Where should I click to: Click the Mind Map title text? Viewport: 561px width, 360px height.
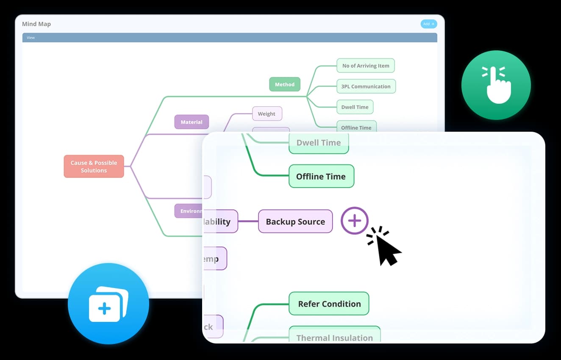click(x=36, y=24)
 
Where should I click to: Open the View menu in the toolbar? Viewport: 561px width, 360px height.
click(x=31, y=38)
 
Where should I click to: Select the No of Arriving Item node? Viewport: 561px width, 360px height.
click(x=365, y=66)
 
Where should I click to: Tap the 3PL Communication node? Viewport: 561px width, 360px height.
click(x=366, y=86)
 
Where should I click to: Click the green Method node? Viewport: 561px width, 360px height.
click(x=284, y=84)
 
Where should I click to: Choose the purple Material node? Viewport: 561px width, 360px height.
click(x=192, y=122)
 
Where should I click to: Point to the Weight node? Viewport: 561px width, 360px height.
click(x=267, y=114)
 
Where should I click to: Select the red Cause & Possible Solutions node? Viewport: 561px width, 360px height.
click(x=94, y=166)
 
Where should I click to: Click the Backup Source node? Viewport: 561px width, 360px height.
click(x=295, y=222)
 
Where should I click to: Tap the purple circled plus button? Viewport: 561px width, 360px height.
click(x=355, y=221)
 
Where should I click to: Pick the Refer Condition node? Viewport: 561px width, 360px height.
click(x=329, y=304)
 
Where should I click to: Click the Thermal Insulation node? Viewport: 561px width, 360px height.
click(x=334, y=336)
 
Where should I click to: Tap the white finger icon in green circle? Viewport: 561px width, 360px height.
click(x=496, y=85)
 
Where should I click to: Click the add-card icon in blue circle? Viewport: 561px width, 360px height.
click(x=108, y=304)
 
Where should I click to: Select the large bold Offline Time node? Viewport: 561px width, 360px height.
click(x=321, y=176)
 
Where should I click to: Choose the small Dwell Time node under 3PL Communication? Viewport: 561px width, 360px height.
click(x=355, y=107)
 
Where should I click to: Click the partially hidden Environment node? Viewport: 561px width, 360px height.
click(x=189, y=211)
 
